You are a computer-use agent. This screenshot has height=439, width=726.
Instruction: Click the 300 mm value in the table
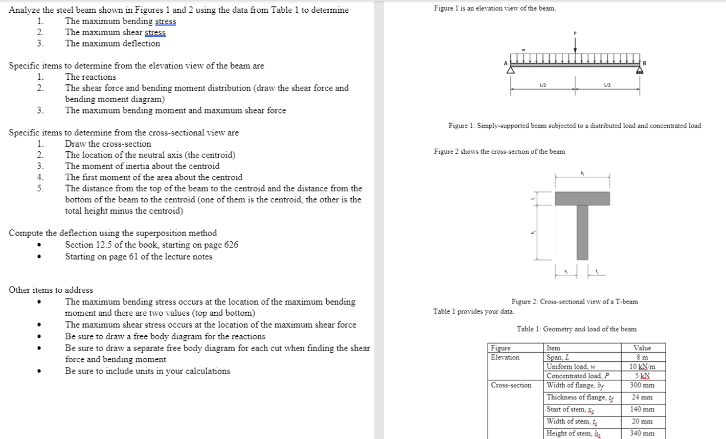[x=642, y=385]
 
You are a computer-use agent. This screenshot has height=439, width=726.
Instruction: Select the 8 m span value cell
[x=642, y=357]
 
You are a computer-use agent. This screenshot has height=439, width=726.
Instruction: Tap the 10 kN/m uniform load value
[x=642, y=366]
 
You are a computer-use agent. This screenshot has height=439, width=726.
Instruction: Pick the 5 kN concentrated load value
[x=642, y=376]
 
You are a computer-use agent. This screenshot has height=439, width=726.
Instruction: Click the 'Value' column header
[x=642, y=348]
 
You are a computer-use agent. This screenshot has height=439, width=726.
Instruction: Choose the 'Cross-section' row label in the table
[x=511, y=385]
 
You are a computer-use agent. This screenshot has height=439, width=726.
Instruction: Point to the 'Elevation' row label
[x=505, y=357]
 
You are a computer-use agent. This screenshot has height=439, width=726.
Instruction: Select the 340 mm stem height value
[x=642, y=433]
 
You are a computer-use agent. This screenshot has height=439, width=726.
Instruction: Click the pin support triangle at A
[x=511, y=70]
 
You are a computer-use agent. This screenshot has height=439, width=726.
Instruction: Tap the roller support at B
[x=639, y=70]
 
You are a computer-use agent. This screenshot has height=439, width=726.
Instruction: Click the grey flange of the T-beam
[x=582, y=198]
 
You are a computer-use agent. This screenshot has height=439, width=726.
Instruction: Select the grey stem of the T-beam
[x=582, y=233]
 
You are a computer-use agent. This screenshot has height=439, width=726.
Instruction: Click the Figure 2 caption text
[x=575, y=302]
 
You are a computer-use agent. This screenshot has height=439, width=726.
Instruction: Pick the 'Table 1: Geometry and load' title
[x=577, y=329]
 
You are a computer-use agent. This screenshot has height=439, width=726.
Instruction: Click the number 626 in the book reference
[x=231, y=245]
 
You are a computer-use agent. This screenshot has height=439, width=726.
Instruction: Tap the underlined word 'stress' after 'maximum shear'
[x=155, y=32]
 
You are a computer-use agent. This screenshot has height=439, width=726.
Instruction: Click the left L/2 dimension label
[x=543, y=84]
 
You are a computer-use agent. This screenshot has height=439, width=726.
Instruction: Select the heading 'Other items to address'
[x=51, y=290]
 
